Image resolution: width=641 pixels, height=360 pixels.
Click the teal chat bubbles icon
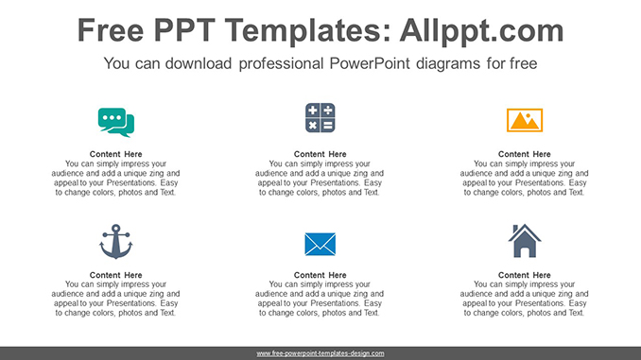[x=116, y=122]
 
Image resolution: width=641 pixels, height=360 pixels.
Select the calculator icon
[x=320, y=119]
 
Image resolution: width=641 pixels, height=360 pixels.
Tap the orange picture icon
[x=525, y=120]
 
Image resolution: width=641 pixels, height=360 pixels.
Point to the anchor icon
[x=116, y=243]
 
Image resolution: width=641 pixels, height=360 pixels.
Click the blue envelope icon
[x=320, y=244]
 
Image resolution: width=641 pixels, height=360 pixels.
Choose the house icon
[x=525, y=242]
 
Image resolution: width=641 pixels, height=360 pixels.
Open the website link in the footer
[x=320, y=353]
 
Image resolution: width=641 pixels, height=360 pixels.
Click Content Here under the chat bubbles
[x=116, y=154]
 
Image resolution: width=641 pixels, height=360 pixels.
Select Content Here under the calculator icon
[x=320, y=154]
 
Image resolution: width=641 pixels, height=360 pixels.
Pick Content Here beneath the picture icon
[x=525, y=154]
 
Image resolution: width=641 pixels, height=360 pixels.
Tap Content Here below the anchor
[x=116, y=275]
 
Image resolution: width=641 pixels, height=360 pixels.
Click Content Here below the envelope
[x=320, y=275]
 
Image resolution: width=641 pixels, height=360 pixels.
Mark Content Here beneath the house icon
[x=525, y=275]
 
